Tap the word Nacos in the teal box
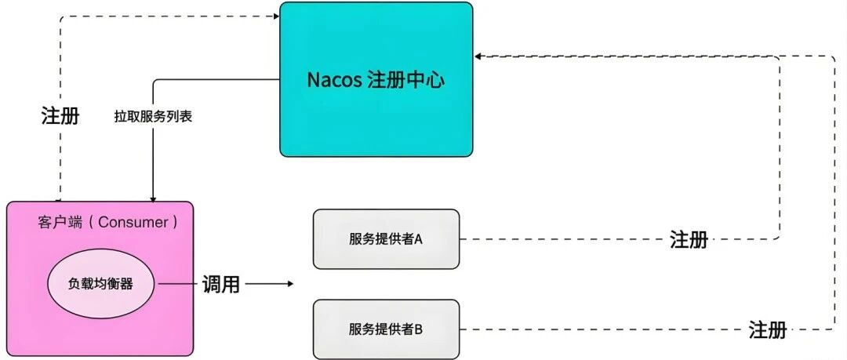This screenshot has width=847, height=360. (x=335, y=81)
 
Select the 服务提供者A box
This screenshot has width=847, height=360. (x=385, y=239)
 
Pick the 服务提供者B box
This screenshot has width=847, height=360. (x=385, y=329)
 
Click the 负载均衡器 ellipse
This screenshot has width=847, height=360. (x=100, y=284)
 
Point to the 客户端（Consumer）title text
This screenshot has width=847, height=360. (x=107, y=222)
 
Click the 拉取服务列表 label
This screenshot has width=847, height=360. (x=153, y=118)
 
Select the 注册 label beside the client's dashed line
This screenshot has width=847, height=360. (x=60, y=117)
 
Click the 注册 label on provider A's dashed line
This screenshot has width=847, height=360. (x=689, y=240)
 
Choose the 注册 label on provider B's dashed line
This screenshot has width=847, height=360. (x=767, y=329)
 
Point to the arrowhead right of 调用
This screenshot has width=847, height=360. (x=290, y=284)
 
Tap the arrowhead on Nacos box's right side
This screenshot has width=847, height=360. (x=478, y=56)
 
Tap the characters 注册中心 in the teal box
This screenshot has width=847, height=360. (x=406, y=81)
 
